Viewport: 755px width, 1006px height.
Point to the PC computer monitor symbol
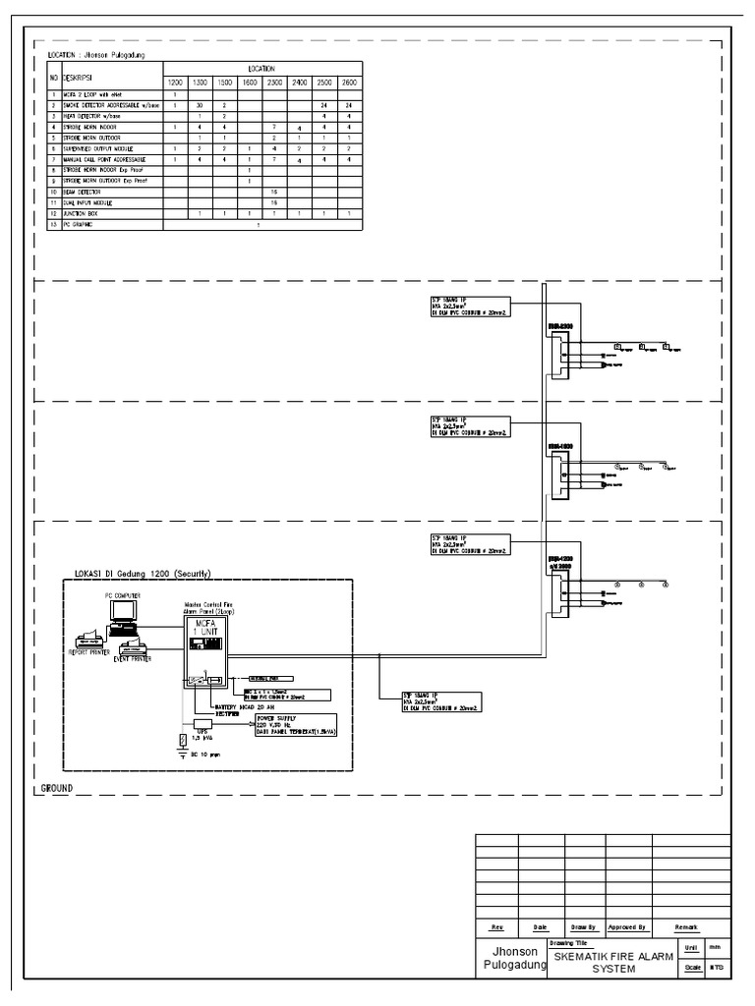click(x=124, y=612)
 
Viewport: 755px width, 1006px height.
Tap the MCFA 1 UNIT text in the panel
click(x=205, y=628)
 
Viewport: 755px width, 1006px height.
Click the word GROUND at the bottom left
click(x=59, y=789)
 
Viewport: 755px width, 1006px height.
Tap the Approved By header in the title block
click(x=626, y=925)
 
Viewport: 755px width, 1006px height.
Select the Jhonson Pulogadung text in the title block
click(x=512, y=960)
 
